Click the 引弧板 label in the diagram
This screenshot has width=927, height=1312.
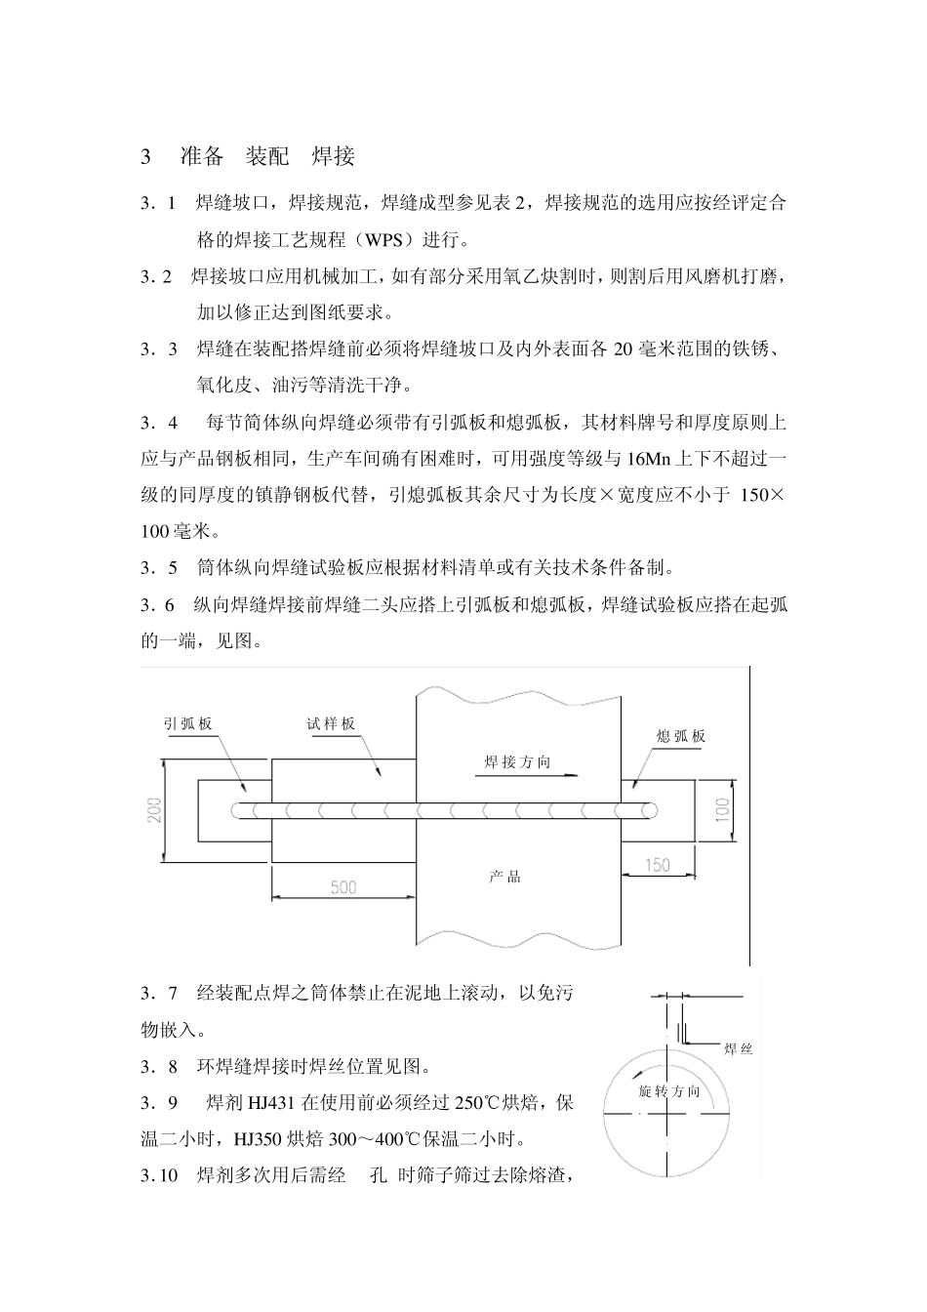(187, 723)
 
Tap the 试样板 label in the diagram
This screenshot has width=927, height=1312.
(331, 723)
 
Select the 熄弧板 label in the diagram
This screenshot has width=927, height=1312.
(681, 736)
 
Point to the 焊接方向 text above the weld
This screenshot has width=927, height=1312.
(518, 761)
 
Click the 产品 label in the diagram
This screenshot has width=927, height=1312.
(505, 877)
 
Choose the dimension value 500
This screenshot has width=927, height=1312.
(343, 887)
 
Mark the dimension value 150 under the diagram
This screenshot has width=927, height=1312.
(658, 865)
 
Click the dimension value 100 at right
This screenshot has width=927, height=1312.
(722, 808)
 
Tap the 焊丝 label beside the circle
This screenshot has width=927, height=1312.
(738, 1048)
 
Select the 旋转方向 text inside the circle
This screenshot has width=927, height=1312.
(668, 1090)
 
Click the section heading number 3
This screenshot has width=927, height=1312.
(146, 156)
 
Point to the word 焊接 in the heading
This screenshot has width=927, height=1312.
(333, 156)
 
